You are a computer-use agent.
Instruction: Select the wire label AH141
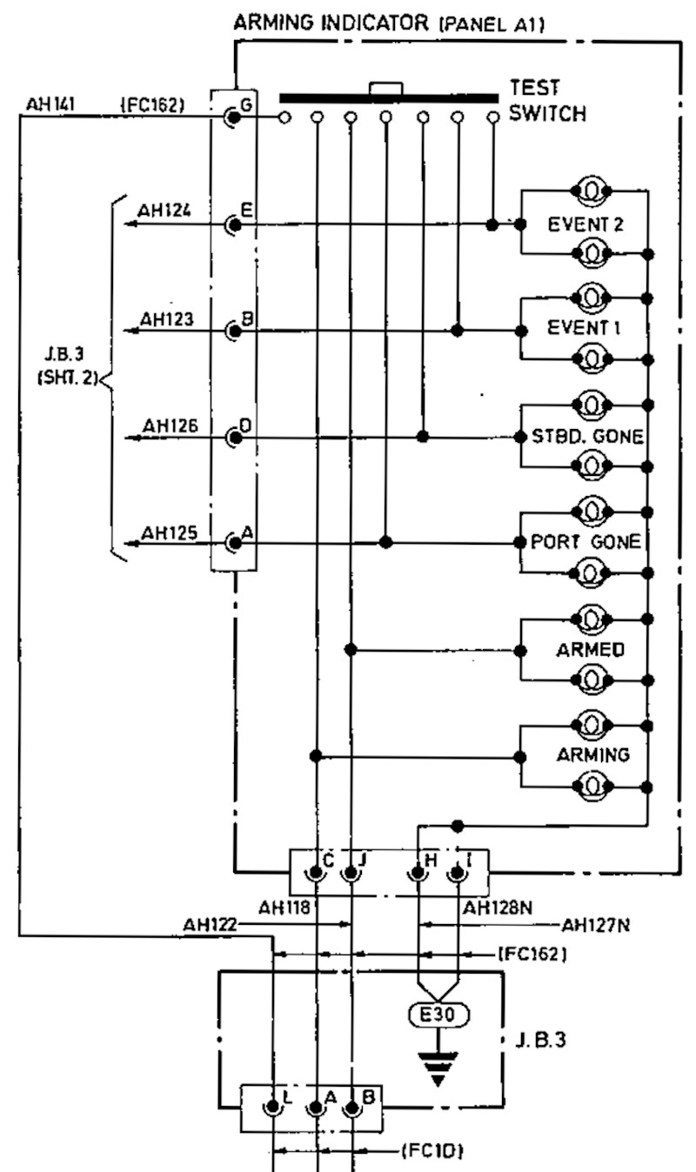(51, 105)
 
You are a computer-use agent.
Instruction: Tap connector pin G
(233, 117)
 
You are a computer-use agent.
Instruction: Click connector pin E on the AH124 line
(233, 224)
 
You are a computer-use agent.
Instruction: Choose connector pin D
(233, 437)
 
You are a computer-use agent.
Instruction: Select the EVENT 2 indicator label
(586, 224)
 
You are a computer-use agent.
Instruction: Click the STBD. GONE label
(587, 437)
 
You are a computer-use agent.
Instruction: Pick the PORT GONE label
(586, 543)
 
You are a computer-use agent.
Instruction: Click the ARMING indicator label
(592, 755)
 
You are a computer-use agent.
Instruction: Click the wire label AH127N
(595, 926)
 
